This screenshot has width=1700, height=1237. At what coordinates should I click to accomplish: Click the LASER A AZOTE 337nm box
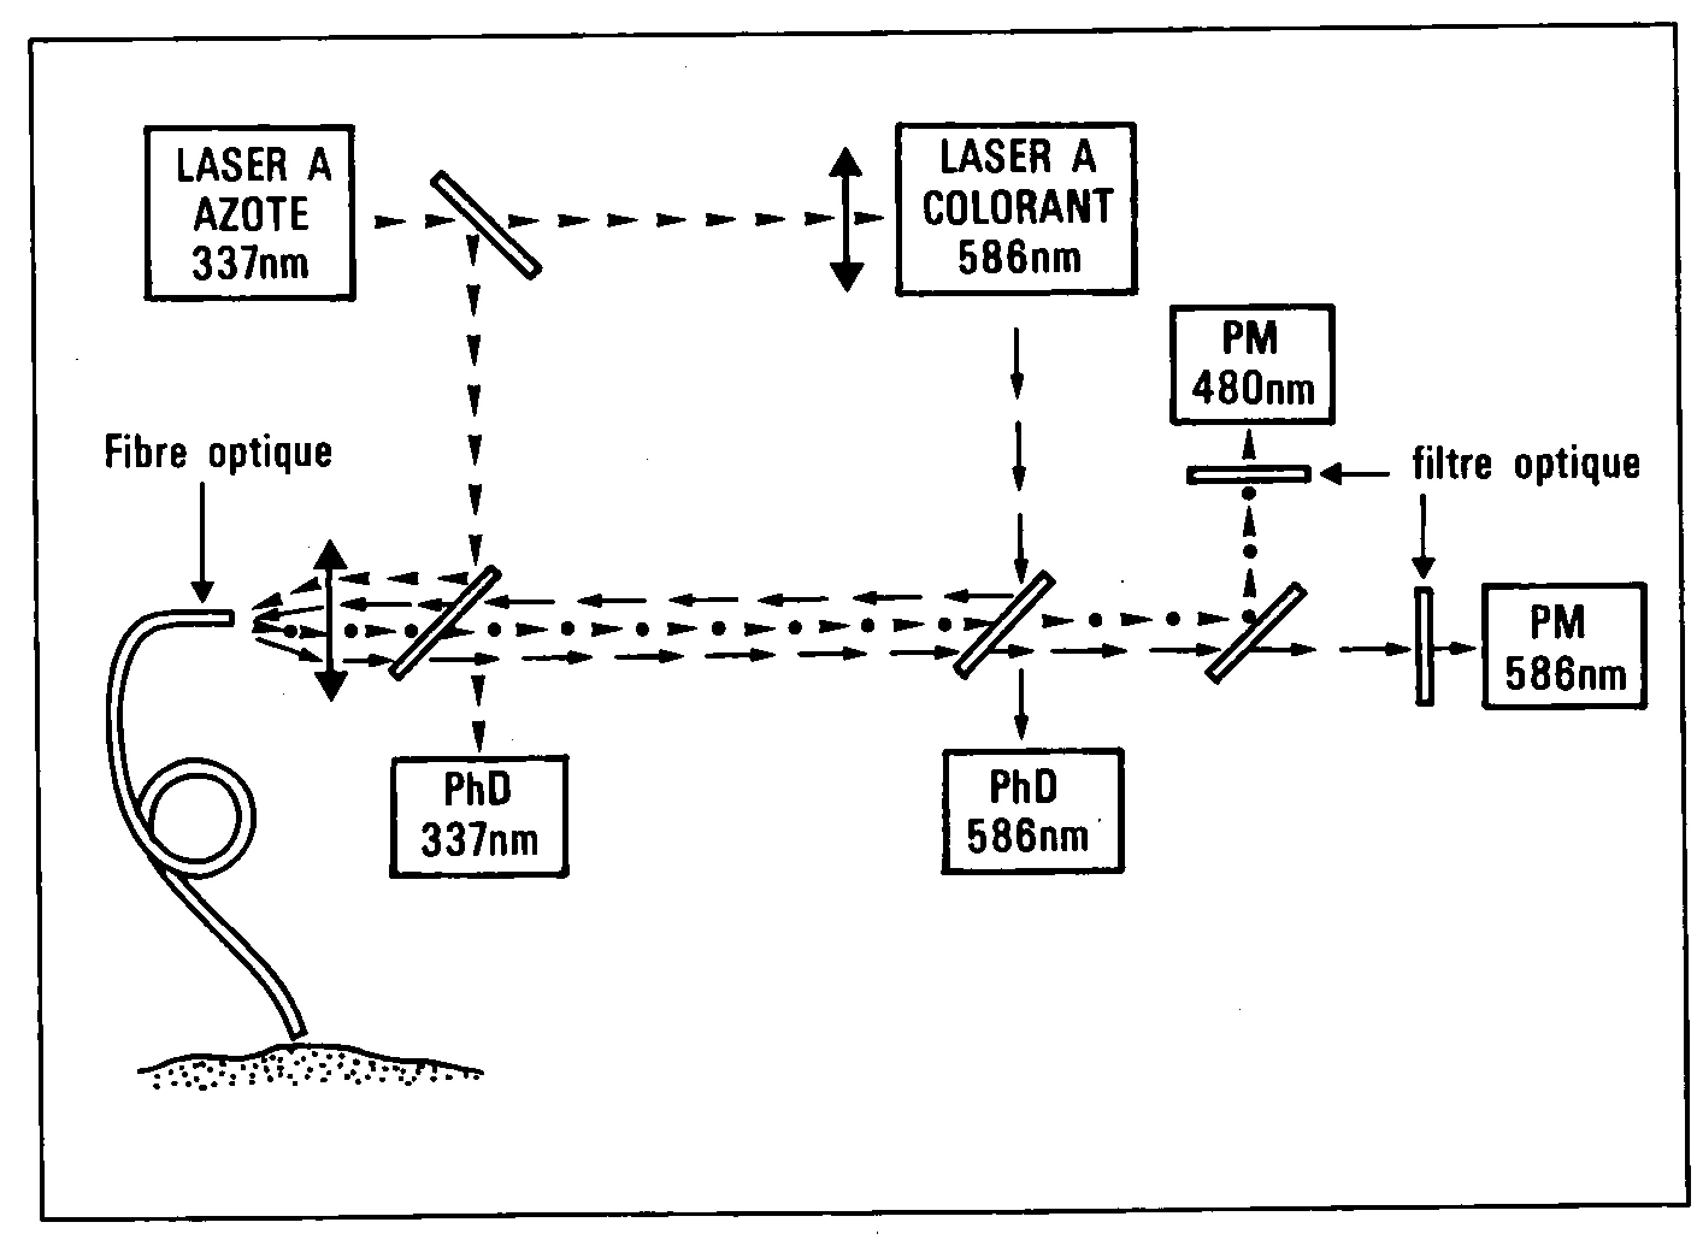tap(249, 214)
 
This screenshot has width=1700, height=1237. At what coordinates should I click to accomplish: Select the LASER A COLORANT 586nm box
tap(1017, 208)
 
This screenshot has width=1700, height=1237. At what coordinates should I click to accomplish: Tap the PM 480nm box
tap(1252, 365)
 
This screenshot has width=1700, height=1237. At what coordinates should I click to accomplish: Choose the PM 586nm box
tap(1565, 646)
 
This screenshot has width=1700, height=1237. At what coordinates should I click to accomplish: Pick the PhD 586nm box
tap(1032, 811)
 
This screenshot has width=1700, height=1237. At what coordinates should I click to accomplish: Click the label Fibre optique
tap(217, 453)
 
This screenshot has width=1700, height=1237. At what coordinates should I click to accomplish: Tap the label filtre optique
tap(1525, 463)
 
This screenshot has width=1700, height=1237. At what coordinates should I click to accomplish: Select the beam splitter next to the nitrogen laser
tap(486, 225)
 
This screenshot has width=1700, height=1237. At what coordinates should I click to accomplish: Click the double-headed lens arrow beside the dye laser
tap(846, 219)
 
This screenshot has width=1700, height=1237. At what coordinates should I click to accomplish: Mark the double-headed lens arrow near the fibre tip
tap(331, 621)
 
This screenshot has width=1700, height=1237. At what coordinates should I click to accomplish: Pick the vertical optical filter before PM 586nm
tap(1424, 646)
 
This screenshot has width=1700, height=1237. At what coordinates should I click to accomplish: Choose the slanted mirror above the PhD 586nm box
tap(1005, 625)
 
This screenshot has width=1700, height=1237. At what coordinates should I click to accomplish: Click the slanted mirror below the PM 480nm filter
tap(1256, 634)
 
